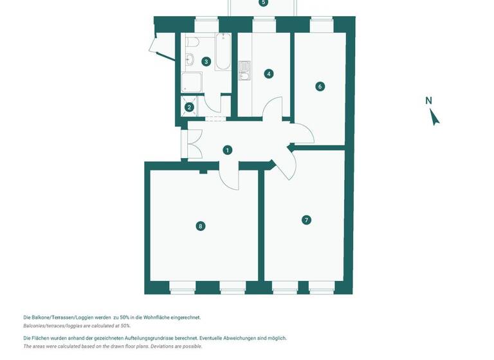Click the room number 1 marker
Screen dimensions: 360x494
click(x=227, y=150)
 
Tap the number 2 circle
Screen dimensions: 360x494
click(x=189, y=108)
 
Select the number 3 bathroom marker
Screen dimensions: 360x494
click(x=206, y=62)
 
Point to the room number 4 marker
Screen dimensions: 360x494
click(x=269, y=74)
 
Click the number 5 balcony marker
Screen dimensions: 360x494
click(x=262, y=3)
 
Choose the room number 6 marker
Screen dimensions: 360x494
click(x=320, y=86)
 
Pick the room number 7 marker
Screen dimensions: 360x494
click(x=306, y=220)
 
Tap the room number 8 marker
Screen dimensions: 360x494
click(x=201, y=226)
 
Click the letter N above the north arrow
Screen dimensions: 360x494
click(x=429, y=100)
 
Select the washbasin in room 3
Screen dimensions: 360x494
click(x=190, y=60)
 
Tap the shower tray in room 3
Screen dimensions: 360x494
click(x=191, y=82)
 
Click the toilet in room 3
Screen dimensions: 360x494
click(x=192, y=42)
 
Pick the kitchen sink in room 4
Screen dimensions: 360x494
click(x=244, y=78)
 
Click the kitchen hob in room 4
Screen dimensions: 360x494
click(x=244, y=66)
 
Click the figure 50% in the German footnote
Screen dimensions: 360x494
click(x=125, y=318)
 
